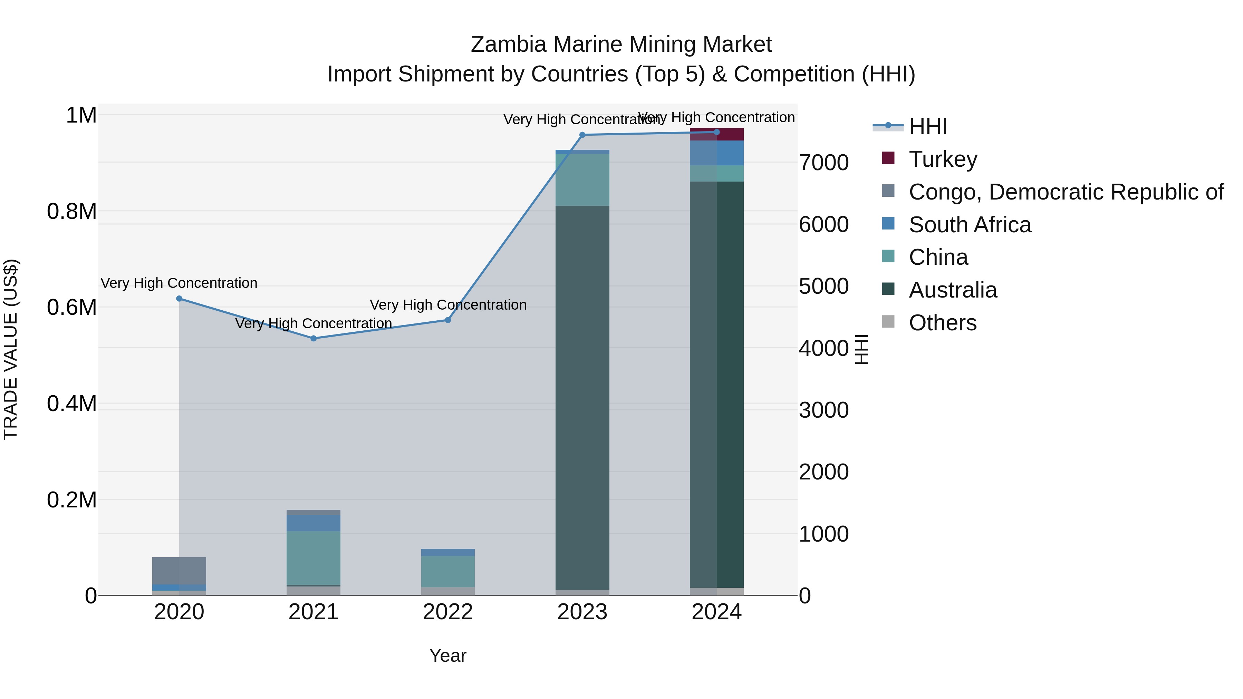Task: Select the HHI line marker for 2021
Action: pos(314,339)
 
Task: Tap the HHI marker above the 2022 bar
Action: pos(448,320)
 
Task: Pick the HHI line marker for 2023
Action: pos(582,135)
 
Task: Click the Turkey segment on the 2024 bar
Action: pos(716,135)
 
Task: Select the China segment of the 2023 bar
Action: pos(582,179)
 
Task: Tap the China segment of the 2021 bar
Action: pos(314,558)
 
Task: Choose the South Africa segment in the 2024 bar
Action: pos(716,153)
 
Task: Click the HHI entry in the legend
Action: pos(927,126)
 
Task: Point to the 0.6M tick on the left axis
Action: pos(72,307)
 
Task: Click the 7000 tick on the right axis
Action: pos(824,163)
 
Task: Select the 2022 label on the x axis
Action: pos(448,612)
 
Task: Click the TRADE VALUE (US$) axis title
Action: pos(11,349)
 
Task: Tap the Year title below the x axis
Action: pos(448,656)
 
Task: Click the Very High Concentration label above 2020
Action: pos(179,283)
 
